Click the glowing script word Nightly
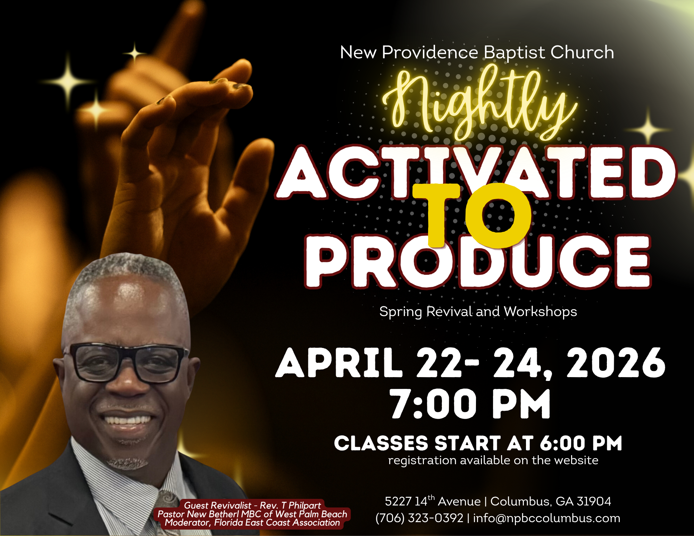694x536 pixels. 479,104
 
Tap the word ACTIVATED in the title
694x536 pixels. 476,172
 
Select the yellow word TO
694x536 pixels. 472,215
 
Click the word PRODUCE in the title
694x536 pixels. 477,262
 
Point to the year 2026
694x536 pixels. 616,363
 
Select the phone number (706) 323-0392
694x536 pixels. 419,518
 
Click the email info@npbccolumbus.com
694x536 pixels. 546,518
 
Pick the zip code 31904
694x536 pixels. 594,502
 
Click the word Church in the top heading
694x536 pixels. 582,53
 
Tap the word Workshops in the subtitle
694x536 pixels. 540,312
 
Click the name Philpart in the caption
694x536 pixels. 304,505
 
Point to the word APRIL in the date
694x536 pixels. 338,363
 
